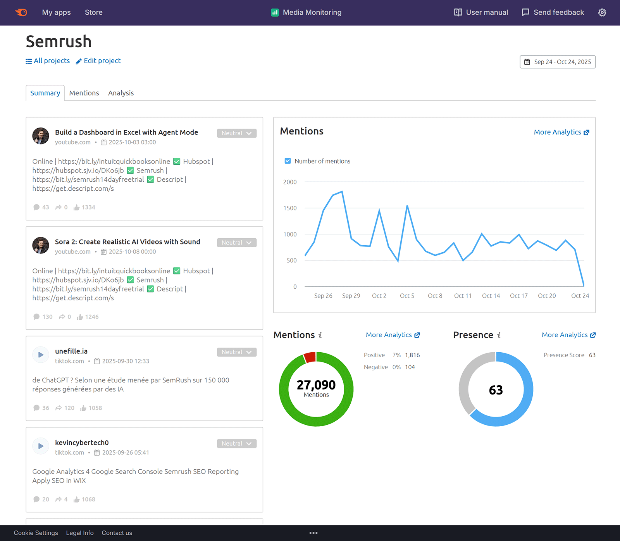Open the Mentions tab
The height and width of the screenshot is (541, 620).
[x=84, y=93]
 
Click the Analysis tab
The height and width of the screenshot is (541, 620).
[x=121, y=93]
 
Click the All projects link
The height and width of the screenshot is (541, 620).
[x=48, y=61]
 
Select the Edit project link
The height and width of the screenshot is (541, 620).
[x=98, y=61]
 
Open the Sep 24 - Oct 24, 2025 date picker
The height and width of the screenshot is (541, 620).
[x=558, y=62]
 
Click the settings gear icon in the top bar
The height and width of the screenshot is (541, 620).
[x=602, y=12]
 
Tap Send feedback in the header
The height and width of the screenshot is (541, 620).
[x=553, y=12]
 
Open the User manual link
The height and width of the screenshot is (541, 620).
[x=481, y=12]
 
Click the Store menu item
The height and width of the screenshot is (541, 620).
[x=94, y=12]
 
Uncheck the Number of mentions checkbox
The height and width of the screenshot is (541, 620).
[x=288, y=161]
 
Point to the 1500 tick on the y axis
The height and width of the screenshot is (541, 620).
[x=290, y=208]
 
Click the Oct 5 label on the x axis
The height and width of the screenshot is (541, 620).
[x=407, y=296]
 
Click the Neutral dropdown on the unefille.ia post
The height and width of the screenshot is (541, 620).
[x=237, y=352]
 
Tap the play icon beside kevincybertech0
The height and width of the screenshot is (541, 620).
[x=41, y=446]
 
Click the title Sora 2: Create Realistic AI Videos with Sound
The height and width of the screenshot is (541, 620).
[x=127, y=242]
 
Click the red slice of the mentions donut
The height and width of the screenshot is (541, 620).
[x=310, y=357]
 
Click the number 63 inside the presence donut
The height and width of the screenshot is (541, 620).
[x=496, y=390]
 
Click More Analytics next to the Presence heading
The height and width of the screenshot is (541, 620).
[x=568, y=335]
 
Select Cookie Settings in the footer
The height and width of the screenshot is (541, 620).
[x=36, y=533]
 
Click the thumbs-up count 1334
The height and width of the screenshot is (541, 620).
[x=88, y=207]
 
